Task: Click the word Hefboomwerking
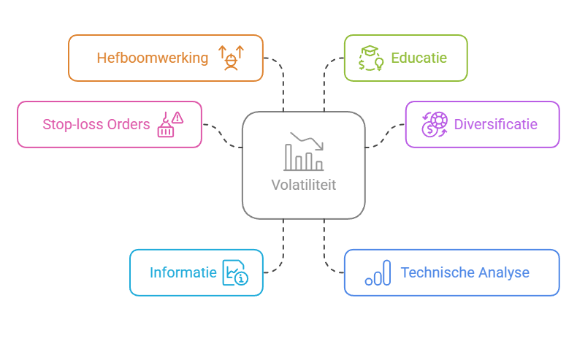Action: pos(152,58)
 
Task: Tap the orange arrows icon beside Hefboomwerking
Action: pos(231,58)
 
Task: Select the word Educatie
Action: pos(419,58)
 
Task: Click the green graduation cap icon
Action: pos(371,58)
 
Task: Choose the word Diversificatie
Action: pos(495,124)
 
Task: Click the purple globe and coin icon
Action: pos(435,124)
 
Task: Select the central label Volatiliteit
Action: pos(303,185)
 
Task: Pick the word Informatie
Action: pos(183,272)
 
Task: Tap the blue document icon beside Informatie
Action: pos(235,272)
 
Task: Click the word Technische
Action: pos(435,272)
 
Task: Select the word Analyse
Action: pos(503,272)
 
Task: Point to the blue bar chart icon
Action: pos(378,273)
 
